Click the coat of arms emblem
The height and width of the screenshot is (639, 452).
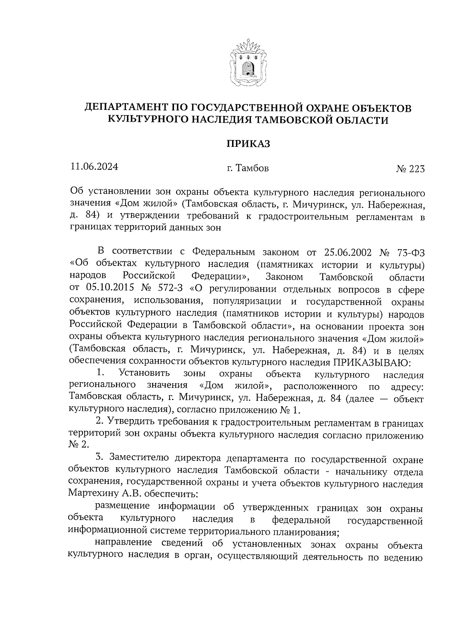pos(247,63)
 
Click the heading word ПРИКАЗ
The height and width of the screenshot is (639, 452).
pos(248,144)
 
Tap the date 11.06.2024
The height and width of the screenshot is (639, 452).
pos(94,167)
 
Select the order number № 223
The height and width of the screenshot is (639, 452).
pos(410,169)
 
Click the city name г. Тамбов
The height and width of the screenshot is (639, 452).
pos(247,168)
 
